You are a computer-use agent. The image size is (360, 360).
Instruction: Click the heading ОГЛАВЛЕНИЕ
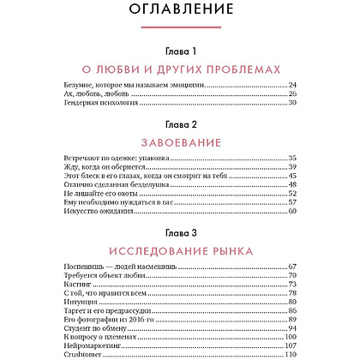180,12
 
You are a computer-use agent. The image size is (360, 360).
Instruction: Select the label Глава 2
180,125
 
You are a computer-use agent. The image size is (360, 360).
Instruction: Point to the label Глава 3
180,232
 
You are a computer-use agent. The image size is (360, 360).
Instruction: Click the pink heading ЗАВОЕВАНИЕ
180,141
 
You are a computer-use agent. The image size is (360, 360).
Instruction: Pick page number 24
291,86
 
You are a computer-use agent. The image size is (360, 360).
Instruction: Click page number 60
291,211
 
